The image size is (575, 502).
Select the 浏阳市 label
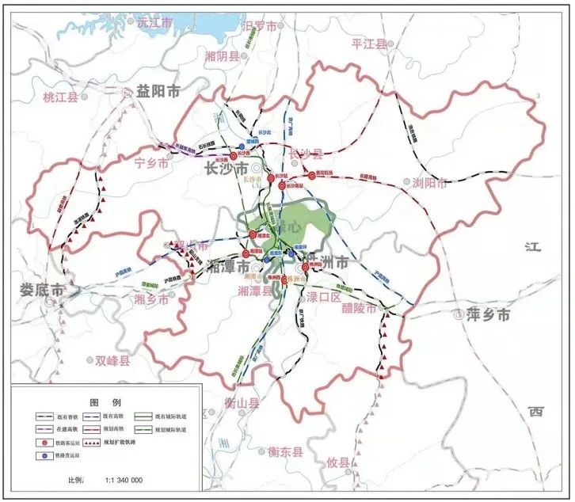point(430,183)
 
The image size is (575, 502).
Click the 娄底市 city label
point(43,291)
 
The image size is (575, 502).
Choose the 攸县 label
point(338,462)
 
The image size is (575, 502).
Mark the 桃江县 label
point(61,97)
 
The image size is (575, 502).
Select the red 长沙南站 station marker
point(282,185)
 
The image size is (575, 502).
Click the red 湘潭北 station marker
point(253,234)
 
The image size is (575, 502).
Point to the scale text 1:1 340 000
point(118,481)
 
